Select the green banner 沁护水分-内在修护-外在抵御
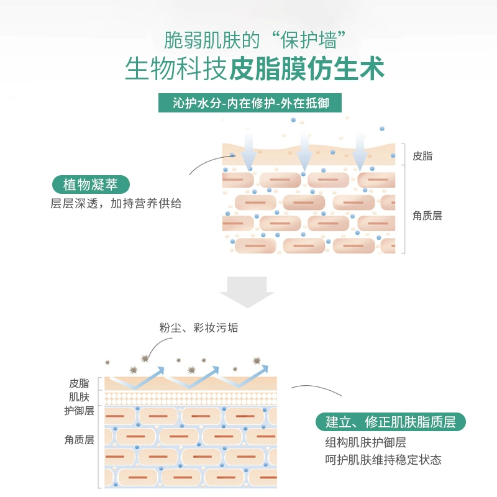(248, 103)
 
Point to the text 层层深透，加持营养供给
(116, 204)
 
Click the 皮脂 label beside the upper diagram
(422, 155)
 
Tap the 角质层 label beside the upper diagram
(427, 216)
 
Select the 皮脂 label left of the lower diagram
(79, 383)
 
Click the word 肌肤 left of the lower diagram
(79, 396)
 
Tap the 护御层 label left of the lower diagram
(79, 411)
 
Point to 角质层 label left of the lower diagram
(79, 440)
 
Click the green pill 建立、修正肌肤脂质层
(391, 422)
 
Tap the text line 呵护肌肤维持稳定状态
(378, 460)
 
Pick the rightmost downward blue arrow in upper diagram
(360, 150)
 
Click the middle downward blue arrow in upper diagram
(304, 150)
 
